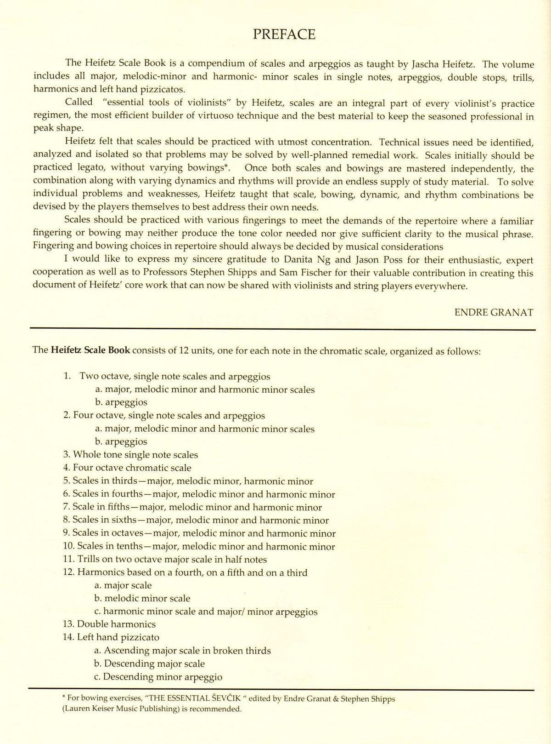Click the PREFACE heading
point(284,34)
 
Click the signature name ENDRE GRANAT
point(494,312)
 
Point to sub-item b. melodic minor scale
point(142,598)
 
